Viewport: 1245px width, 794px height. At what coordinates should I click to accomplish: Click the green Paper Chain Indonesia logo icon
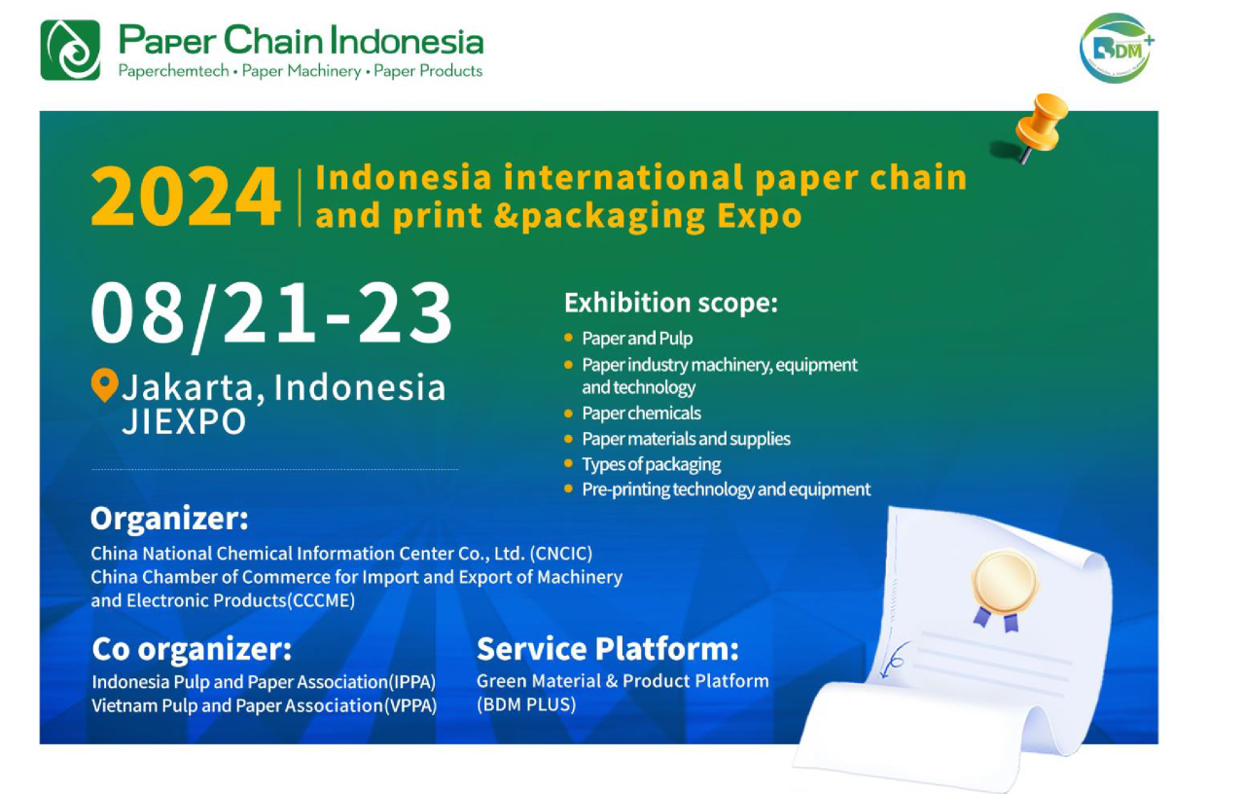click(x=71, y=50)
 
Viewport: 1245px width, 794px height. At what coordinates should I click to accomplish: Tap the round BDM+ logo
click(x=1116, y=49)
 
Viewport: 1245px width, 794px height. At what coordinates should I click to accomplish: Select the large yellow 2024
click(x=186, y=197)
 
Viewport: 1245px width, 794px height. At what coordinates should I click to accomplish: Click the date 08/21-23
click(x=271, y=314)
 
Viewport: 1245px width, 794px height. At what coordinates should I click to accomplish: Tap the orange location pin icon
click(x=104, y=384)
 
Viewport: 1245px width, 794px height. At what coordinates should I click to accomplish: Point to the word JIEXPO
click(x=184, y=421)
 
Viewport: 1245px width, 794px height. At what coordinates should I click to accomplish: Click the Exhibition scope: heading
click(x=671, y=303)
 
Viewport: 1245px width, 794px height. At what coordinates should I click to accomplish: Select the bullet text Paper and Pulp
click(x=637, y=338)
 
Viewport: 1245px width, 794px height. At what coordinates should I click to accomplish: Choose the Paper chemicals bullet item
click(x=641, y=414)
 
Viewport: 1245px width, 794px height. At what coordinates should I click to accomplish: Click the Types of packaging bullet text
click(x=652, y=464)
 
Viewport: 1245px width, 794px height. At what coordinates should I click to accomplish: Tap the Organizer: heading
click(x=169, y=519)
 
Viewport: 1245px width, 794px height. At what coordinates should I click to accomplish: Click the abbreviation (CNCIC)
click(x=561, y=554)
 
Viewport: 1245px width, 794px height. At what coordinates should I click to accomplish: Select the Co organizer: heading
click(x=192, y=649)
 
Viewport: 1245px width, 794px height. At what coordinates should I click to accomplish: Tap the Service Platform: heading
click(x=608, y=649)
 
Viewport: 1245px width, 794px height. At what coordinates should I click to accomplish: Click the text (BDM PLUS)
click(x=526, y=704)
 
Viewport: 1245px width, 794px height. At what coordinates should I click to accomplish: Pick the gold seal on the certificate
click(x=1005, y=583)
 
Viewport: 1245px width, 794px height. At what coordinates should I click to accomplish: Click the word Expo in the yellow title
click(x=760, y=216)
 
